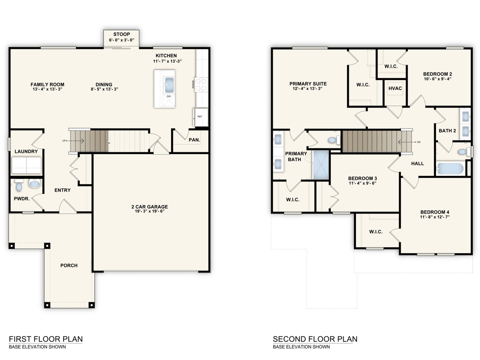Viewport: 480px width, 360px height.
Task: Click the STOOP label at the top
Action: (121, 34)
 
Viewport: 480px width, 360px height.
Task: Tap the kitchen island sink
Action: (168, 85)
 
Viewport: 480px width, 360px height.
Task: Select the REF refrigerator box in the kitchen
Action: (200, 116)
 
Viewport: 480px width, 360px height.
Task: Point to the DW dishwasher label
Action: (168, 97)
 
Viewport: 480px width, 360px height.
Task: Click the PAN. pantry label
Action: (194, 140)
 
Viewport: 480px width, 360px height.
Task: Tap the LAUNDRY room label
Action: (26, 152)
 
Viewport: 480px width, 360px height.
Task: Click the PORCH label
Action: (69, 266)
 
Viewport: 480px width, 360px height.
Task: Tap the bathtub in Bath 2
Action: (450, 168)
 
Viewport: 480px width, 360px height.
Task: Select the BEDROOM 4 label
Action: (435, 212)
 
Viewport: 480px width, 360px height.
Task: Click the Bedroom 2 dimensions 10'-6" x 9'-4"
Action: (438, 79)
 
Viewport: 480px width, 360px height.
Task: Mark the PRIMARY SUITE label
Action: (308, 84)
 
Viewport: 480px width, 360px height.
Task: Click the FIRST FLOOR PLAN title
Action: (46, 339)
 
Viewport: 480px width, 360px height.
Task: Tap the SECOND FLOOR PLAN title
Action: (315, 339)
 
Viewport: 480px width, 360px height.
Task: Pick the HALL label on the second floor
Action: (417, 164)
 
